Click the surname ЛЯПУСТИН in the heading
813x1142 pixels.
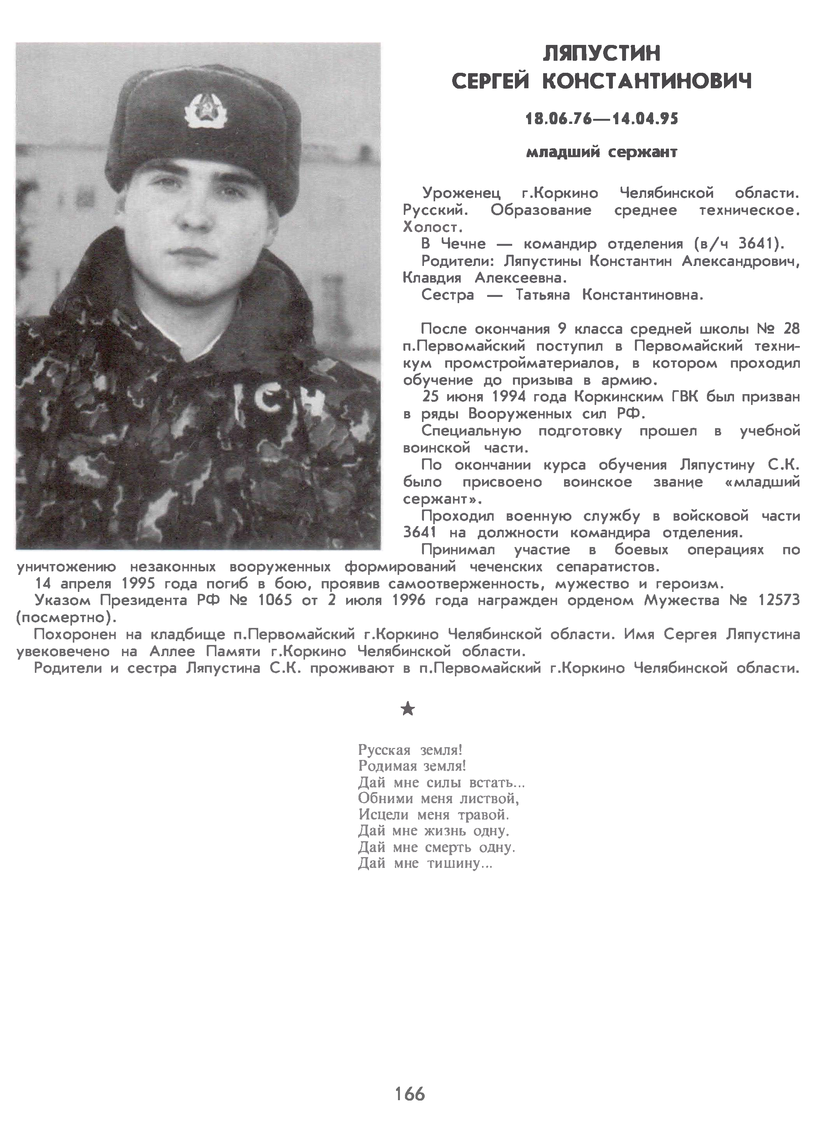tap(601, 53)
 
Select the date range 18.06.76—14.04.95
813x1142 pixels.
tap(601, 119)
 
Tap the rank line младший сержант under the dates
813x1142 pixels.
tap(601, 152)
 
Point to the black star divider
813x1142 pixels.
tap(408, 708)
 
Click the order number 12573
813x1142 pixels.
tap(779, 600)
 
